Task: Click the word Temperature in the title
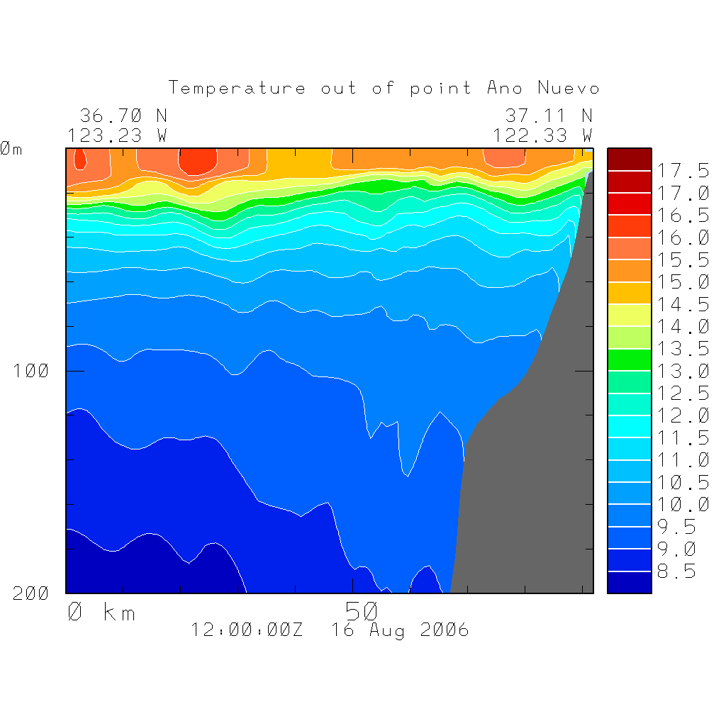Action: click(x=237, y=89)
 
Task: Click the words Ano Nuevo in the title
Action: click(x=543, y=89)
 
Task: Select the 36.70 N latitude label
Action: click(x=123, y=116)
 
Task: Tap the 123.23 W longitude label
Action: click(x=118, y=135)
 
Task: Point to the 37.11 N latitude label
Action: click(x=548, y=116)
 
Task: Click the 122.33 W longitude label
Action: click(x=542, y=135)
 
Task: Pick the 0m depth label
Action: click(x=11, y=149)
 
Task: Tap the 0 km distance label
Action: click(x=101, y=612)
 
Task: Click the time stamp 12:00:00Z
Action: click(x=247, y=630)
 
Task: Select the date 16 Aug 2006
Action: click(x=400, y=630)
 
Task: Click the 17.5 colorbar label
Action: click(x=682, y=171)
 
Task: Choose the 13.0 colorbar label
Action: click(x=682, y=371)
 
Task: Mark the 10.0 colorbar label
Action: click(x=682, y=504)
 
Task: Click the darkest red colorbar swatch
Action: click(x=629, y=160)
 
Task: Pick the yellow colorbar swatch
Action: click(x=629, y=315)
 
